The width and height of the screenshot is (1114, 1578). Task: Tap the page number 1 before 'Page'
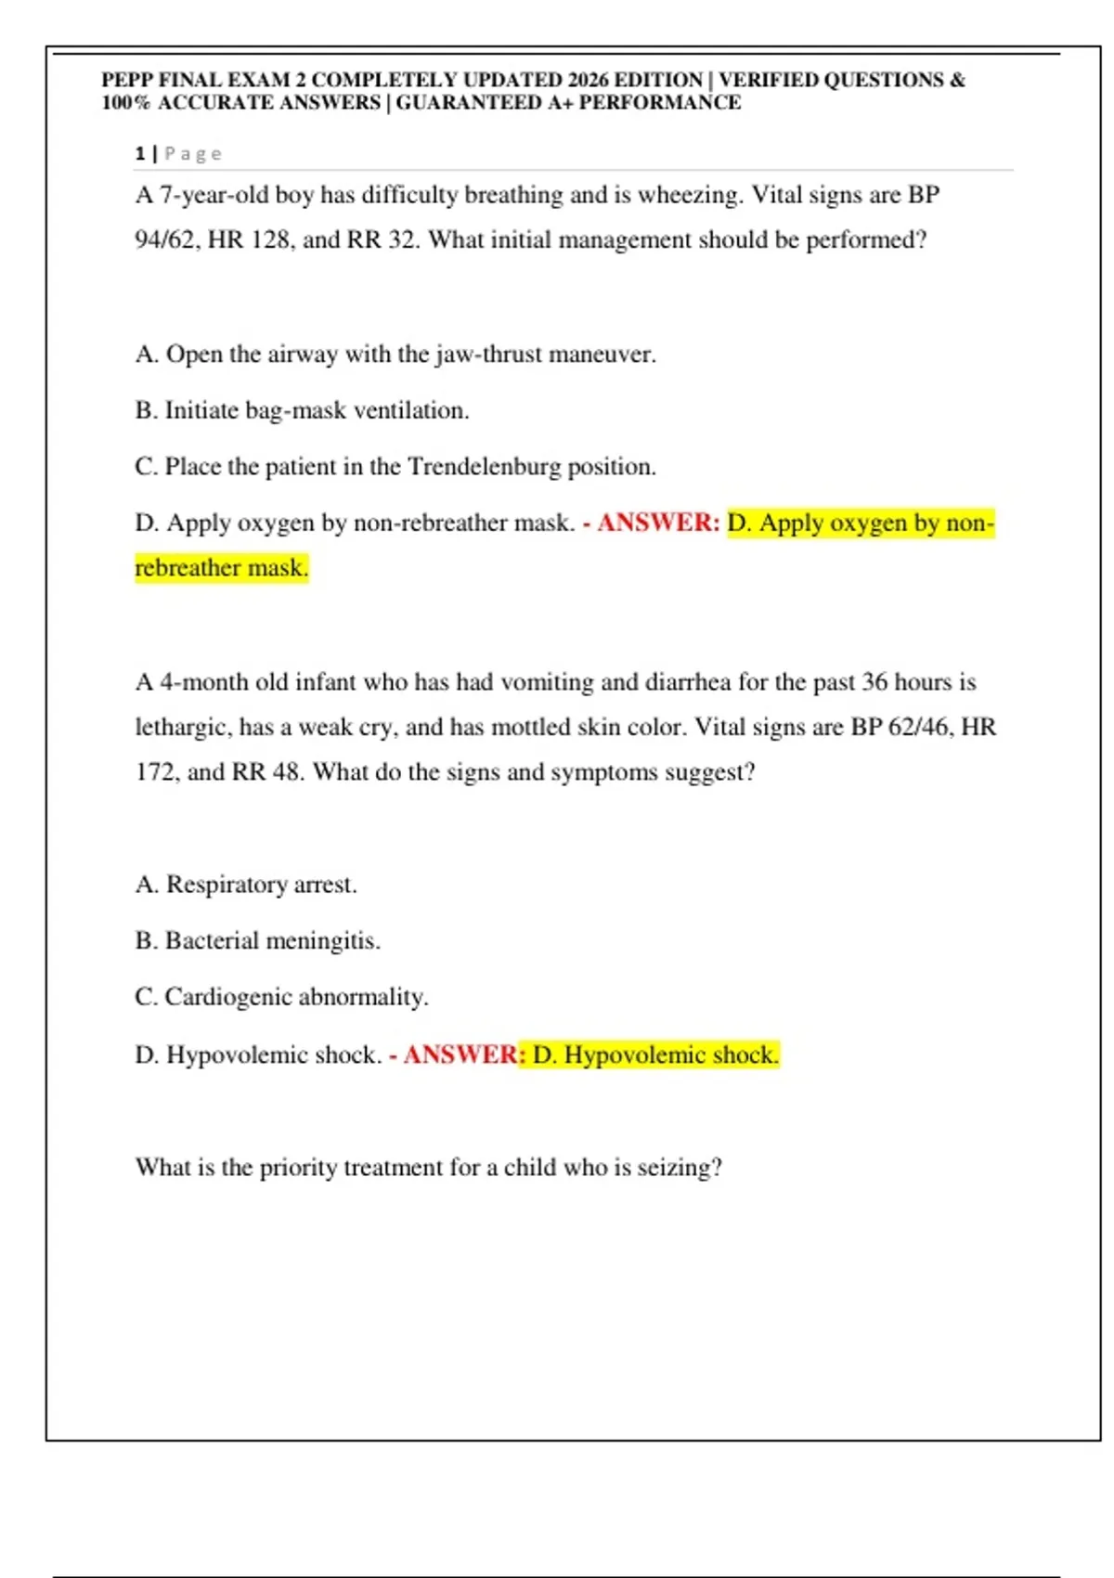pyautogui.click(x=139, y=153)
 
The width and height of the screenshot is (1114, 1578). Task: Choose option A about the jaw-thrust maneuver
pyautogui.click(x=395, y=354)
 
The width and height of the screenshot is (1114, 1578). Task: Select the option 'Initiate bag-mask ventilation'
pyautogui.click(x=303, y=410)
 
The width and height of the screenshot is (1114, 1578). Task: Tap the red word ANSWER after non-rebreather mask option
pyautogui.click(x=657, y=523)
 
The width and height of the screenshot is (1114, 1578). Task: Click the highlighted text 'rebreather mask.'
pyautogui.click(x=221, y=567)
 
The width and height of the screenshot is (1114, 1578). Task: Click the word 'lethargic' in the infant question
pyautogui.click(x=180, y=727)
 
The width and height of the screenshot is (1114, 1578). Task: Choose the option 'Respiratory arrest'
pyautogui.click(x=246, y=885)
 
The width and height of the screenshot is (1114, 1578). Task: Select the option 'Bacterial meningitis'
pyautogui.click(x=258, y=940)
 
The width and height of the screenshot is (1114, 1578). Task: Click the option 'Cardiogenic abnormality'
pyautogui.click(x=281, y=997)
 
